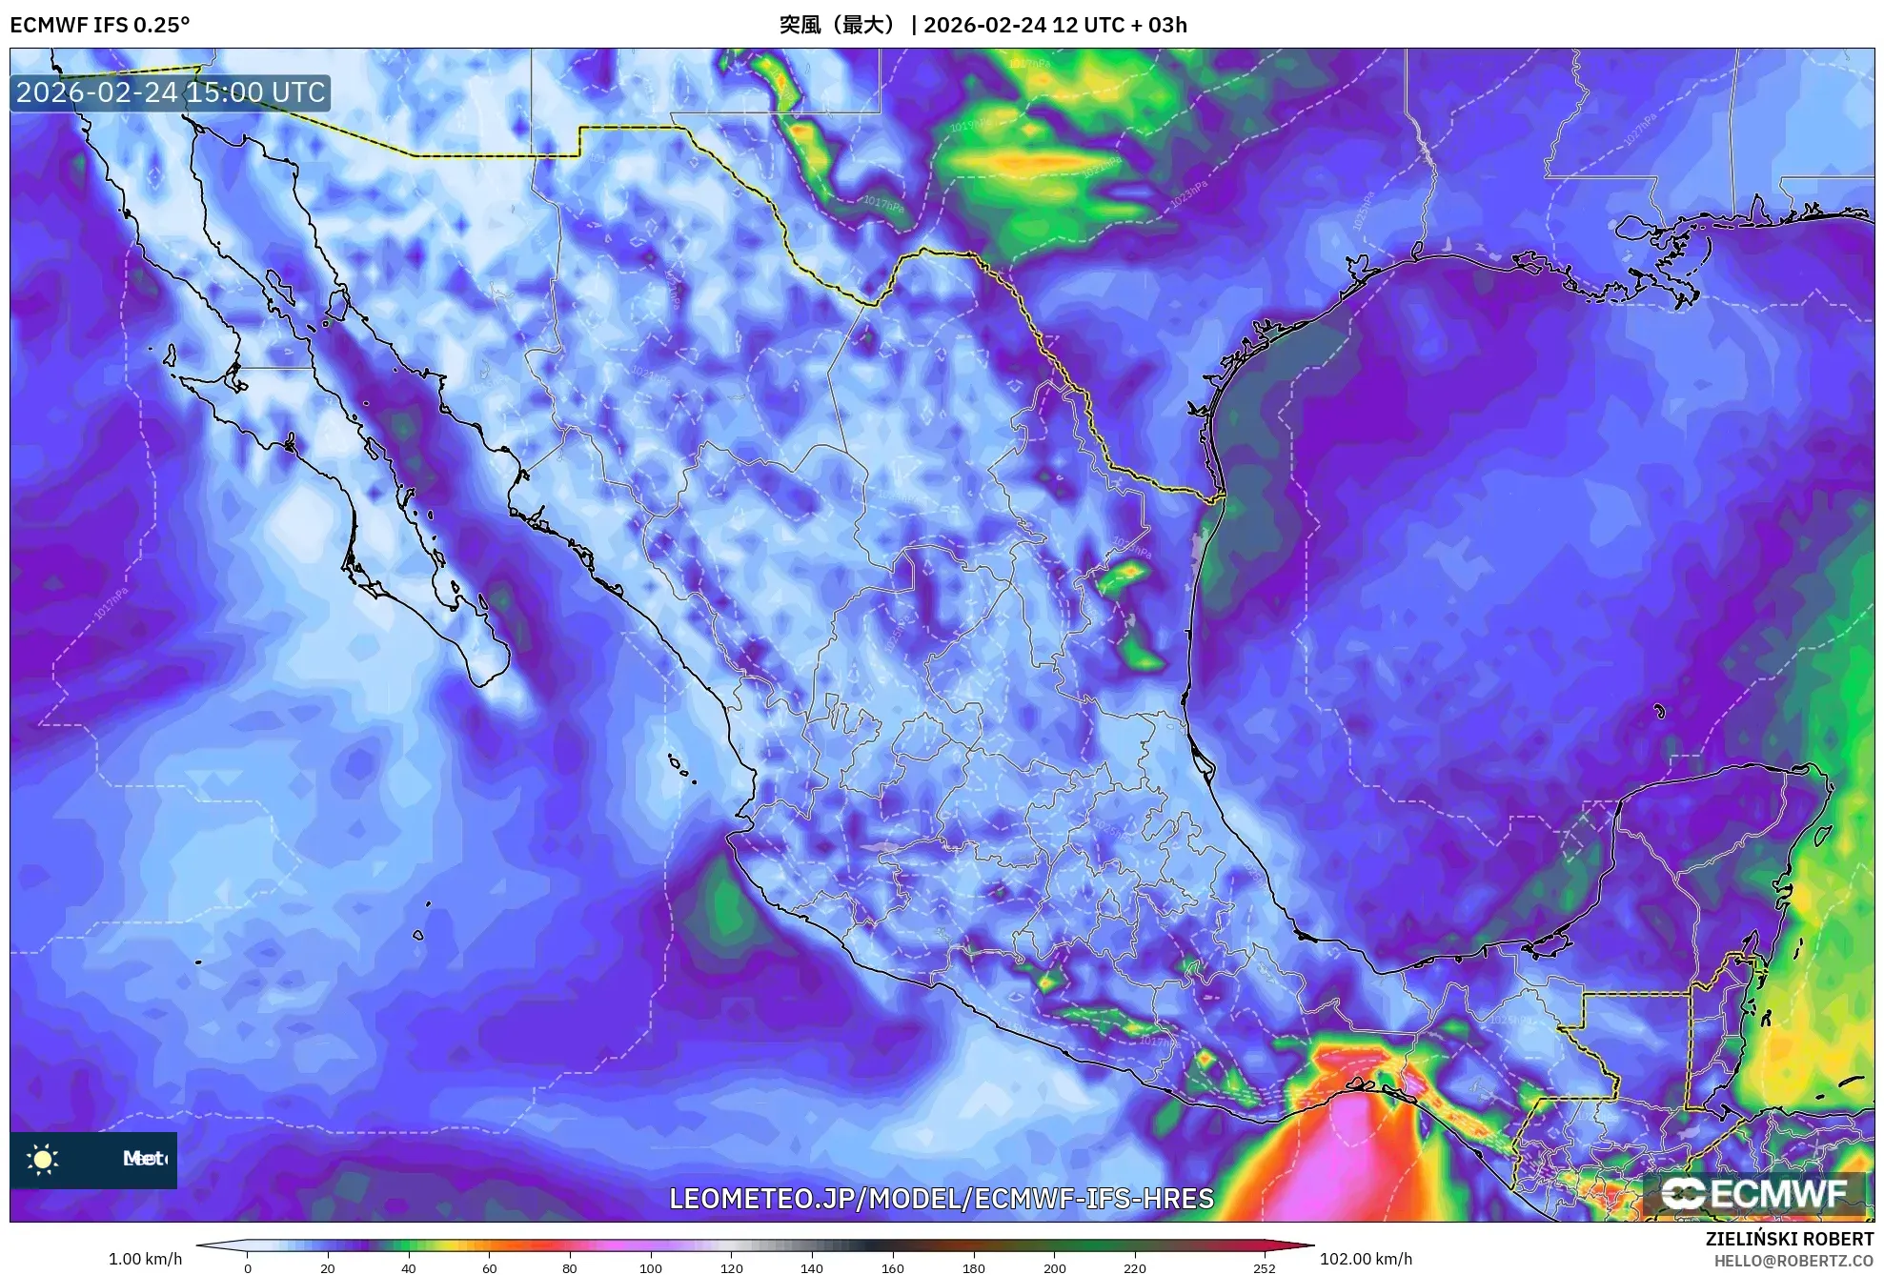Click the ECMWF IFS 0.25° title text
[99, 25]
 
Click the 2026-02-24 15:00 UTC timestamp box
[171, 92]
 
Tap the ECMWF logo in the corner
[1753, 1193]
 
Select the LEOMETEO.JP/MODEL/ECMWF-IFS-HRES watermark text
[942, 1198]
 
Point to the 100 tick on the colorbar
[651, 1267]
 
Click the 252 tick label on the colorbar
[1264, 1267]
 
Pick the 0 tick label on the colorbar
[248, 1267]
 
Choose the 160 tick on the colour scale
[893, 1267]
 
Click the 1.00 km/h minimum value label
[145, 1259]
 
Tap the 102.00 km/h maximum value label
[1366, 1259]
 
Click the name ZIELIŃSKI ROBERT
[1790, 1239]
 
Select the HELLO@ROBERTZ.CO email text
[1794, 1261]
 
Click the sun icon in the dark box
[43, 1159]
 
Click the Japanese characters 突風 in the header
[800, 25]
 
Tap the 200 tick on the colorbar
[1055, 1267]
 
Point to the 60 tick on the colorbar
[490, 1267]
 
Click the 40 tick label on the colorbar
[409, 1267]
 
